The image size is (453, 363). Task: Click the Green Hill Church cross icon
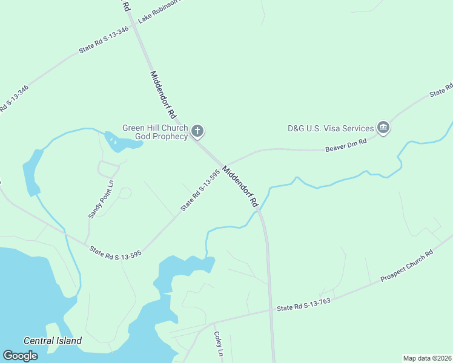[197, 131]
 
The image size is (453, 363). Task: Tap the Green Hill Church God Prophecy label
[156, 132]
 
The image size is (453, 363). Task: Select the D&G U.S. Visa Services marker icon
[383, 128]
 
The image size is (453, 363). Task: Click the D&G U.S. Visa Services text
[331, 128]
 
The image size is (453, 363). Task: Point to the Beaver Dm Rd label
[346, 145]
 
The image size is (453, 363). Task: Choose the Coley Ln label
[219, 344]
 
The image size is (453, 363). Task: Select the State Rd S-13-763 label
[303, 305]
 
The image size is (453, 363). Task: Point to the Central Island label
[52, 341]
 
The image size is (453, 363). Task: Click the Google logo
[20, 356]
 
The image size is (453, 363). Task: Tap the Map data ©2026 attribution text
[427, 358]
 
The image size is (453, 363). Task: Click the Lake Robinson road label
[159, 10]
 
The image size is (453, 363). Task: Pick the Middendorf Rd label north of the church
[163, 94]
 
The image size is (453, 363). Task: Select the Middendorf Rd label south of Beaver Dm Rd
[241, 187]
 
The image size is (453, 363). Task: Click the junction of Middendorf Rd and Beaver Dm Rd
[222, 165]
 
